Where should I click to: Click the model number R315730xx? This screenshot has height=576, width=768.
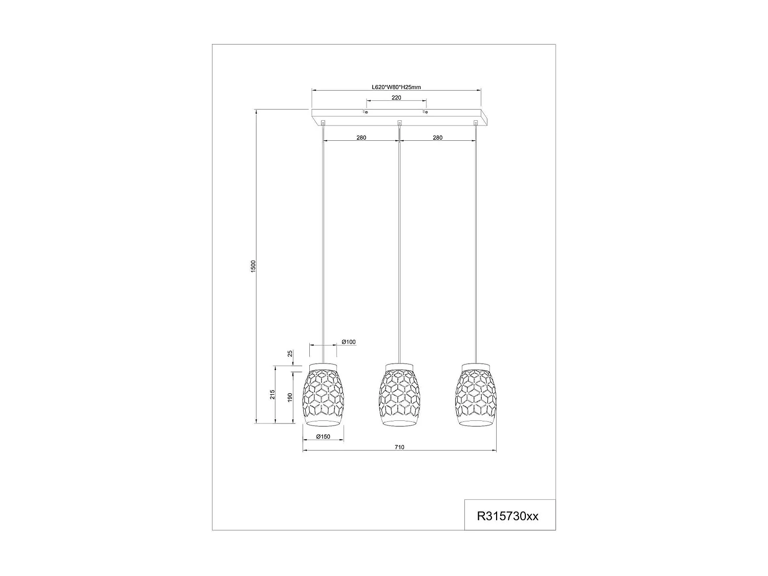pyautogui.click(x=507, y=516)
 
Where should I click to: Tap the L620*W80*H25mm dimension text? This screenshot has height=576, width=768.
pyautogui.click(x=396, y=87)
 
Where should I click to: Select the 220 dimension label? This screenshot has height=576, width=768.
pyautogui.click(x=396, y=97)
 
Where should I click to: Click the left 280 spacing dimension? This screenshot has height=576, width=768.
pyautogui.click(x=361, y=138)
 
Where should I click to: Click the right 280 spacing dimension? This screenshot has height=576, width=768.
pyautogui.click(x=437, y=138)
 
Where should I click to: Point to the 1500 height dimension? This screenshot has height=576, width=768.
pyautogui.click(x=253, y=266)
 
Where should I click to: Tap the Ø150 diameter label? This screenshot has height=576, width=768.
pyautogui.click(x=323, y=437)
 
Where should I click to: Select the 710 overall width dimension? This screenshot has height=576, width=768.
pyautogui.click(x=399, y=447)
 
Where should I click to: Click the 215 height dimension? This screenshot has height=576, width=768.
pyautogui.click(x=273, y=394)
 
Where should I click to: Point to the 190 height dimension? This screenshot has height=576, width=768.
pyautogui.click(x=290, y=398)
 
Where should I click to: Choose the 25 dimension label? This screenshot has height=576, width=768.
pyautogui.click(x=290, y=354)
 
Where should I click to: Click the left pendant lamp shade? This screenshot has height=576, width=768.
pyautogui.click(x=323, y=394)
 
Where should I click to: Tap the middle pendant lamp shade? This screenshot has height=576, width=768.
pyautogui.click(x=399, y=394)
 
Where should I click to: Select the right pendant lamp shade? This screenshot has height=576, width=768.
pyautogui.click(x=476, y=394)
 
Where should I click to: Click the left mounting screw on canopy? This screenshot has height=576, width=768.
pyautogui.click(x=366, y=112)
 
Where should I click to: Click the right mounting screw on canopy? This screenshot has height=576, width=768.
pyautogui.click(x=425, y=112)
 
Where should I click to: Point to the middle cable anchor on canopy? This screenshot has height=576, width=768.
pyautogui.click(x=399, y=122)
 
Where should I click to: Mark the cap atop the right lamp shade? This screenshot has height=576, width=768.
pyautogui.click(x=476, y=365)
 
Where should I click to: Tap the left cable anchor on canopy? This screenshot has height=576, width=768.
pyautogui.click(x=323, y=122)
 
